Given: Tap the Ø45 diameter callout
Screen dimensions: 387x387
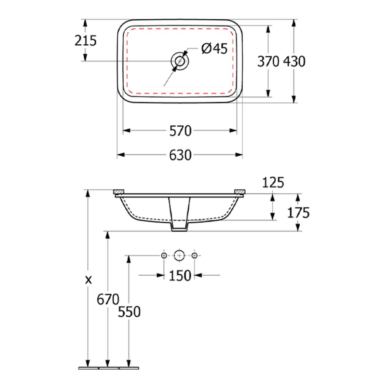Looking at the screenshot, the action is coord(214,48).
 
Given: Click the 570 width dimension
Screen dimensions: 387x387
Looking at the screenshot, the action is coord(181,131).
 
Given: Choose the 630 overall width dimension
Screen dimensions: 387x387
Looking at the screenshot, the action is coord(181,155).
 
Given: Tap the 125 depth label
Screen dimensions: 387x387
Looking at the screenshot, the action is coord(273,183).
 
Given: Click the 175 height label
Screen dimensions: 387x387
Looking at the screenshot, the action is coord(299,213).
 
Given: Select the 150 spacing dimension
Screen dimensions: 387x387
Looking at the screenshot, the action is coord(180,275).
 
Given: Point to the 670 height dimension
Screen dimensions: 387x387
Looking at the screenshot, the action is coord(108,299).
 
